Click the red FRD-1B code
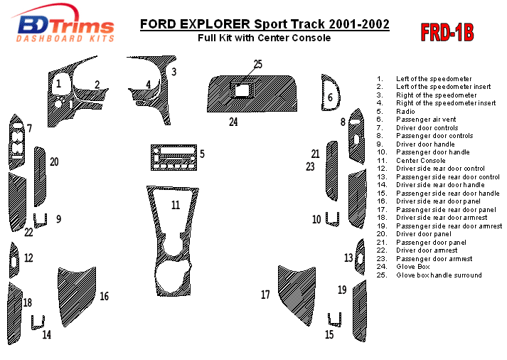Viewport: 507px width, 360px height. (x=447, y=32)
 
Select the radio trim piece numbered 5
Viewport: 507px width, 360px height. (x=174, y=158)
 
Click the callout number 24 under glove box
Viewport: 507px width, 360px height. (x=233, y=122)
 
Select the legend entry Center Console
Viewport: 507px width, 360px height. (x=421, y=161)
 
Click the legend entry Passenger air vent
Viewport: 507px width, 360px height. (x=427, y=120)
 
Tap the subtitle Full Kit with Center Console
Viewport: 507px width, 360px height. (x=264, y=38)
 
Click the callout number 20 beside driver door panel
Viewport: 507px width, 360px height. (x=54, y=162)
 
